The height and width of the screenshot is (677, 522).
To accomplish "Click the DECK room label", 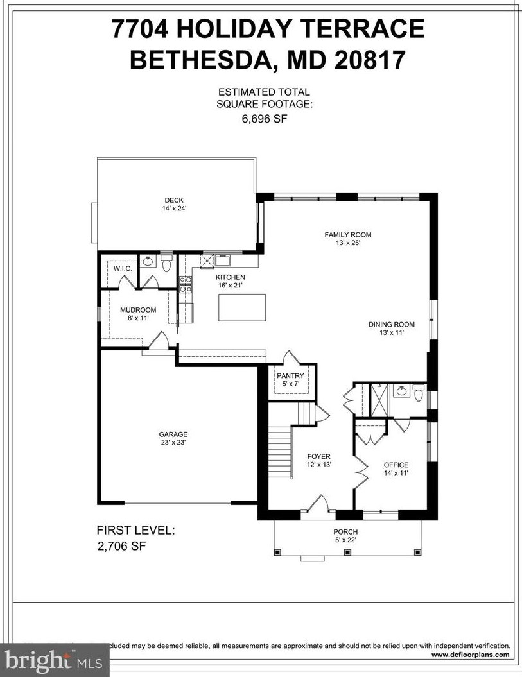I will [x=174, y=200].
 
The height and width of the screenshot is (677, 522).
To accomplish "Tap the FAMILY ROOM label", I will [x=347, y=235].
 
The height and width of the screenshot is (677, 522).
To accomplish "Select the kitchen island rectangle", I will [x=242, y=307].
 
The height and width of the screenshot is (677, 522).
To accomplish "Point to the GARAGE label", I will [x=174, y=434].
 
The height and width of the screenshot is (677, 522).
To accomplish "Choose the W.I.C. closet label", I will [x=123, y=268].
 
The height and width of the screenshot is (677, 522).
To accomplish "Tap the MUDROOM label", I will [x=138, y=309].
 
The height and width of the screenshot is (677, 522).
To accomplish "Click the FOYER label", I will [x=319, y=456].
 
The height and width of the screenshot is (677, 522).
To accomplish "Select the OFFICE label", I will [x=396, y=465].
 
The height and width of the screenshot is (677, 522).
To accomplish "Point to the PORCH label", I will [x=345, y=532].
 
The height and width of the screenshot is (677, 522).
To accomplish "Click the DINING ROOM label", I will [x=392, y=325].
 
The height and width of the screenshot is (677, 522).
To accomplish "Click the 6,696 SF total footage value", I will [x=263, y=119].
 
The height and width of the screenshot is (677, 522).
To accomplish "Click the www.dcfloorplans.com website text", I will [x=470, y=655].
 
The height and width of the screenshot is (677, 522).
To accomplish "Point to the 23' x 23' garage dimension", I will [x=174, y=442].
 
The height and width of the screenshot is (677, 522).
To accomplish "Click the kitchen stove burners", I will [x=185, y=284].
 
